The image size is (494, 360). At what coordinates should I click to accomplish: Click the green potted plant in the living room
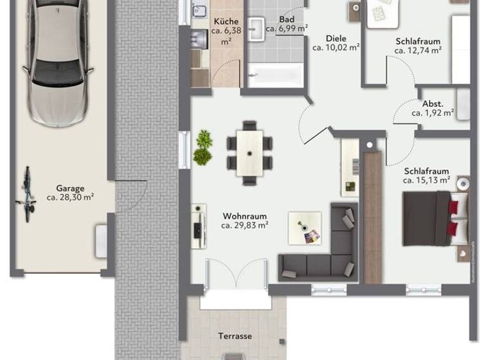(x=203, y=147)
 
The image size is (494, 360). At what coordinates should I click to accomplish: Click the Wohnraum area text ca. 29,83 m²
(x=244, y=226)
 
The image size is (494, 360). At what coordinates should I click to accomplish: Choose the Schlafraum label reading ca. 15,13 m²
(x=426, y=181)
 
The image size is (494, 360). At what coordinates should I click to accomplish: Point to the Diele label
(x=336, y=42)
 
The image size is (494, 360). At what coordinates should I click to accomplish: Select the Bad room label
(x=286, y=24)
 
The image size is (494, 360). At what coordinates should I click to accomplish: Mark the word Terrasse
(x=234, y=336)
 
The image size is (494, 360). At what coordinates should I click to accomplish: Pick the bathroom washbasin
(x=257, y=27)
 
